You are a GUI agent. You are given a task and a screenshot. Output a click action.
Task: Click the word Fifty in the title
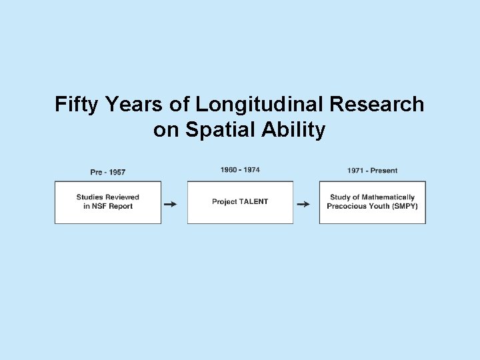75,105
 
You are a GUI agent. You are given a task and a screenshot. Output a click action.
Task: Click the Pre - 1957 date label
108,173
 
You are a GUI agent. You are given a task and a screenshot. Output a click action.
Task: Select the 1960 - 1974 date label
240,170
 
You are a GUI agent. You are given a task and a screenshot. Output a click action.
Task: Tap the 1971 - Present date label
372,171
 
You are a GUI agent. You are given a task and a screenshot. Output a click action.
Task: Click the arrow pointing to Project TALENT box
171,204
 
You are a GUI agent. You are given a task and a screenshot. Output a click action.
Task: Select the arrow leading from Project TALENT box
303,204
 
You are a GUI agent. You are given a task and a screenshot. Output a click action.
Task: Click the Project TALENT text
240,202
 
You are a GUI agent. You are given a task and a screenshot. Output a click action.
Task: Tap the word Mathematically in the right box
388,197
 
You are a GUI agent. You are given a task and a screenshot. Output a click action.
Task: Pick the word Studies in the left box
89,197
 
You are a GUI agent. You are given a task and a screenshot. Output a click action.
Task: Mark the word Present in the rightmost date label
383,171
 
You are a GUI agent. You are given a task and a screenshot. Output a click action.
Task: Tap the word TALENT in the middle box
253,202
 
